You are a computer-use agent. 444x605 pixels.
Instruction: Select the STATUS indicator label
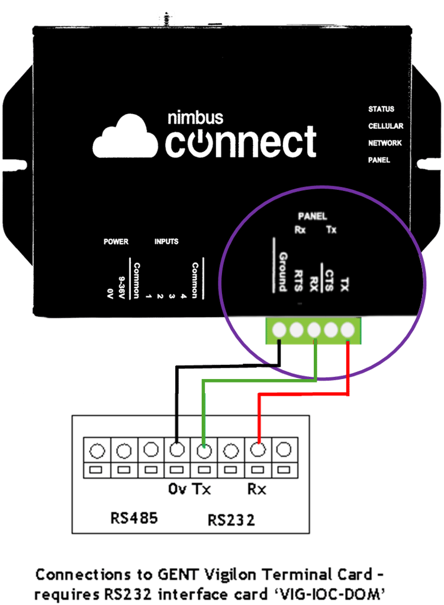(381, 109)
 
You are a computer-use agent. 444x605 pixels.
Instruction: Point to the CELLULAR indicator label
(385, 126)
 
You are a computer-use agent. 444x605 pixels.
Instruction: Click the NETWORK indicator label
(385, 143)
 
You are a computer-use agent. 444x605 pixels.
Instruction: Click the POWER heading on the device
(116, 242)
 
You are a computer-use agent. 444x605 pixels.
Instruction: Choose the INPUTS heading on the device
(166, 242)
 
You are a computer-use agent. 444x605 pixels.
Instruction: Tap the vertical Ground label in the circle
(282, 271)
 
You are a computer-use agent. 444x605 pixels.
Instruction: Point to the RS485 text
(134, 519)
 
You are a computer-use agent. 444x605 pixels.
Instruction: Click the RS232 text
(231, 520)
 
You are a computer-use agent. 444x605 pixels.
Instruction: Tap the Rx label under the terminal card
(257, 490)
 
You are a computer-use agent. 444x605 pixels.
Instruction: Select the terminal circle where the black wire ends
(176, 451)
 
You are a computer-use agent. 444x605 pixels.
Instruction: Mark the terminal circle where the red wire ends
(258, 451)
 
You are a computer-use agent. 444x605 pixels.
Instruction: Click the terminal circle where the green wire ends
(203, 451)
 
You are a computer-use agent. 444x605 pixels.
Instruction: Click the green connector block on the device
(313, 329)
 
